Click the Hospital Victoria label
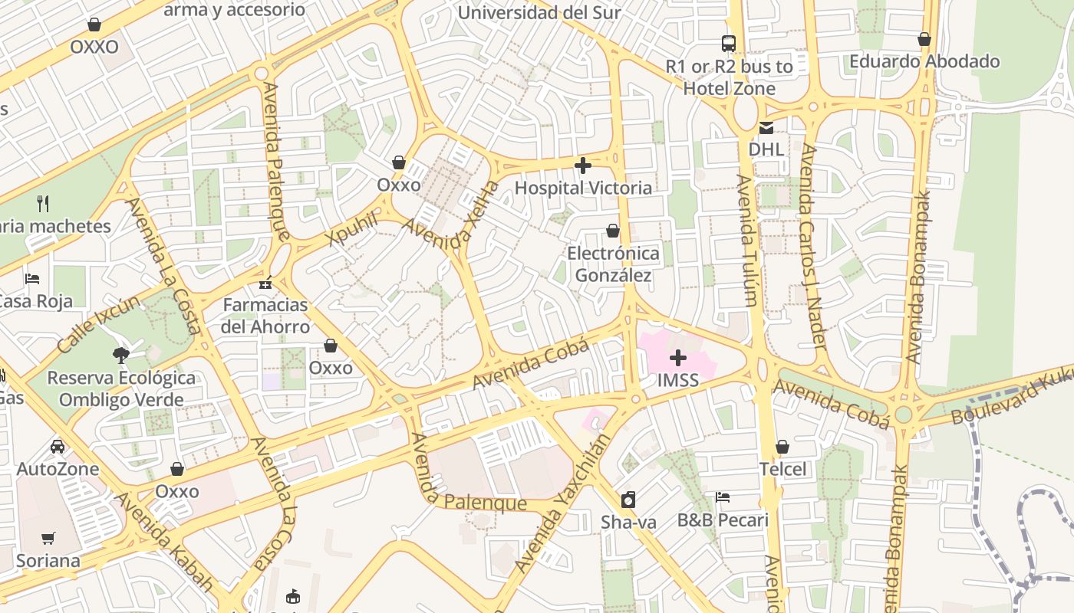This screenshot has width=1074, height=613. pos(583,188)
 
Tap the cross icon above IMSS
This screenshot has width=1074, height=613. pos(678,358)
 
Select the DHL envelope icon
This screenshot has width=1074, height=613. pos(766,128)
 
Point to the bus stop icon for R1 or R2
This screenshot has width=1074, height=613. pos(729,43)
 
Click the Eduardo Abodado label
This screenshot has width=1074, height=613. pos(924,61)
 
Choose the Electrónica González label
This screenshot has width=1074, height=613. pos(613,264)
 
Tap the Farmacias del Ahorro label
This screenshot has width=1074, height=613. pos(265,316)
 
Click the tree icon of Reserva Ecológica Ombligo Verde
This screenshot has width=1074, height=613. pos(120,355)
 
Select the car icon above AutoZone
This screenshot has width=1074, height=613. pos(58,446)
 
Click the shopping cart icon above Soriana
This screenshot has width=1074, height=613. pos(48,538)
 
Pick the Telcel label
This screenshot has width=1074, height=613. pos(782,469)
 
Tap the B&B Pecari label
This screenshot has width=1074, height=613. pos(722,520)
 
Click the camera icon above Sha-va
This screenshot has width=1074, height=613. pos(628,500)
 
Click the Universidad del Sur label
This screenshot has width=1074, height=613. pos(539,13)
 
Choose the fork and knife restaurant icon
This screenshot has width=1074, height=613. pos(43,203)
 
